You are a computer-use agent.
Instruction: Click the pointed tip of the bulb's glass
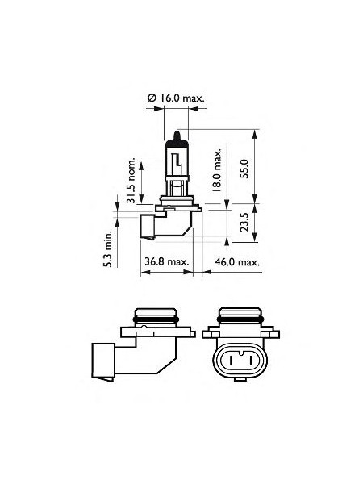(x=176, y=133)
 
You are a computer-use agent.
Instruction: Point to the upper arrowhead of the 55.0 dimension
(x=256, y=131)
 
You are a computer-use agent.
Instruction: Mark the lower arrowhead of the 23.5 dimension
(x=256, y=239)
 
